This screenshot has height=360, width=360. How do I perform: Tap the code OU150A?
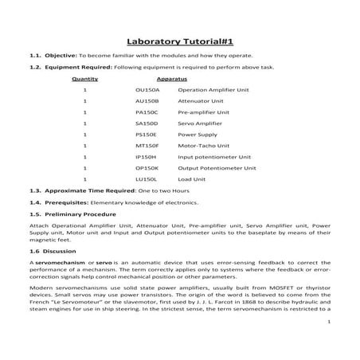click(147, 92)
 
